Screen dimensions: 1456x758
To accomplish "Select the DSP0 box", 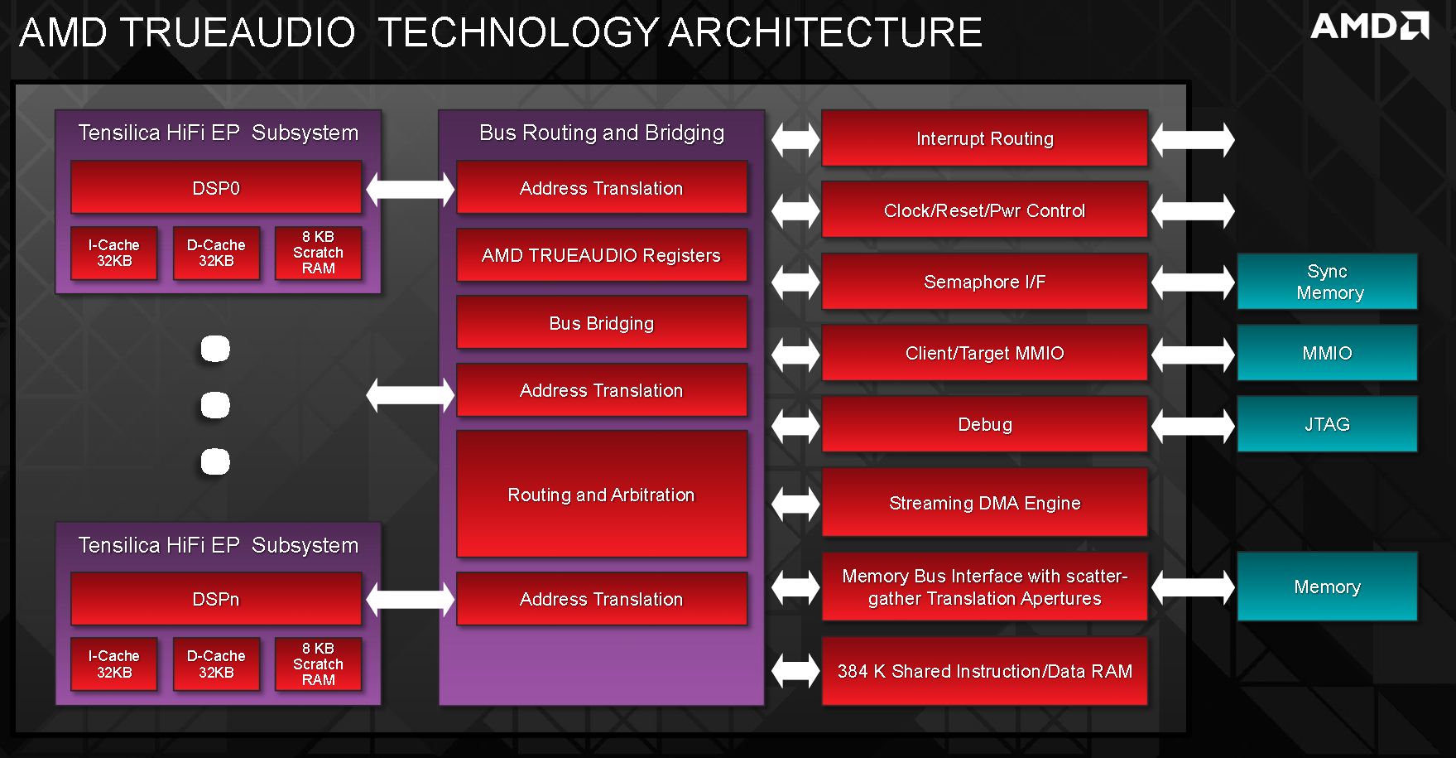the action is click(216, 188).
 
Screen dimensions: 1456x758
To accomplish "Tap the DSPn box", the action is click(216, 599).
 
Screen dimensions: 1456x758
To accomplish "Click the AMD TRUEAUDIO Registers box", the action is click(602, 255).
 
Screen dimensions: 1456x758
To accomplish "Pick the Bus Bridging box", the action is click(602, 323).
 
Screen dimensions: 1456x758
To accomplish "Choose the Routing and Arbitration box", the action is click(602, 495).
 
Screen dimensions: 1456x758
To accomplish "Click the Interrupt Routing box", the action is click(985, 138).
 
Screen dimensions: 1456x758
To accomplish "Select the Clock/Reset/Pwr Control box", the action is click(985, 210).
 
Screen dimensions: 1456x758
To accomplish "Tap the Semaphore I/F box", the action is click(985, 282).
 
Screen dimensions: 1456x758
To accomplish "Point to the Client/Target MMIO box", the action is click(985, 353).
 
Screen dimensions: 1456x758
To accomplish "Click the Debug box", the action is click(985, 424).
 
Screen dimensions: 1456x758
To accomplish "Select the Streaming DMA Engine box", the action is click(985, 503).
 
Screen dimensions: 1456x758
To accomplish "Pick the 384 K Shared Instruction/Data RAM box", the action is click(985, 671).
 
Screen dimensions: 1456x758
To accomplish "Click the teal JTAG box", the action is click(1327, 424).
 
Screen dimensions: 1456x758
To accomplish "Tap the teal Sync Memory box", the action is click(1327, 282).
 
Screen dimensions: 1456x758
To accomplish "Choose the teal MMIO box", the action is click(1327, 353).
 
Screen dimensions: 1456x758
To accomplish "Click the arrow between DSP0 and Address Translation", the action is click(410, 189).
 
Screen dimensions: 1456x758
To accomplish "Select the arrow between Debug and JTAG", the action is click(1193, 425).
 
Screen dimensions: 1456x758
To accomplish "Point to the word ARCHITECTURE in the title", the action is click(825, 32).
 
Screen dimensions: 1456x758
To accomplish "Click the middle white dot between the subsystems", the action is click(215, 405).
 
